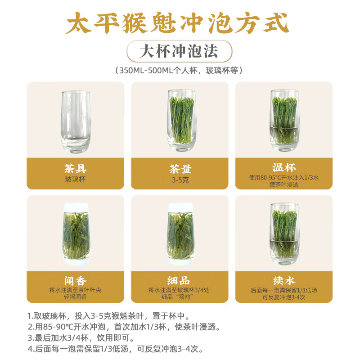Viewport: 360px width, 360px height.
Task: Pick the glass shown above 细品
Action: click(x=180, y=233)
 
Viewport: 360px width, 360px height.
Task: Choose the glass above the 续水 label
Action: click(x=284, y=233)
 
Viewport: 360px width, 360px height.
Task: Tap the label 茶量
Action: click(x=180, y=169)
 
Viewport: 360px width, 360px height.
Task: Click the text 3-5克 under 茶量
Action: click(x=180, y=179)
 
